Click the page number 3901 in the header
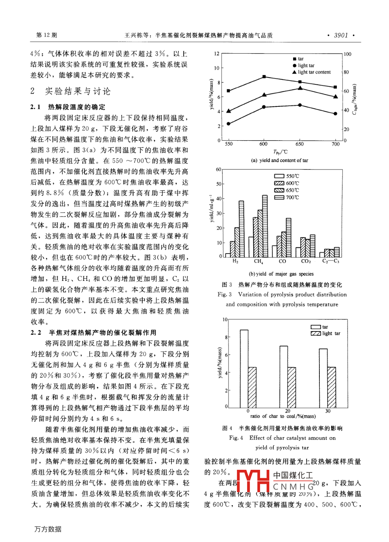[341, 35]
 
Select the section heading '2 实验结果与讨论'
[71, 91]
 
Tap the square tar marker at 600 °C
[264, 77]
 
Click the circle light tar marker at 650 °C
[300, 105]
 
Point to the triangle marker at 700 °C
[335, 97]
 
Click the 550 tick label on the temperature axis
[229, 144]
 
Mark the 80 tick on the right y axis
[346, 72]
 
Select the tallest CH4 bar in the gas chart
[265, 226]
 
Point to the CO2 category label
[306, 261]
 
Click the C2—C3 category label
[330, 261]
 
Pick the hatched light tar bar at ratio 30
[332, 387]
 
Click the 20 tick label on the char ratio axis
[287, 411]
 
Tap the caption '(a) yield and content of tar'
[279, 160]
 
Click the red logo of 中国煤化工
[253, 481]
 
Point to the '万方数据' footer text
[48, 529]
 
